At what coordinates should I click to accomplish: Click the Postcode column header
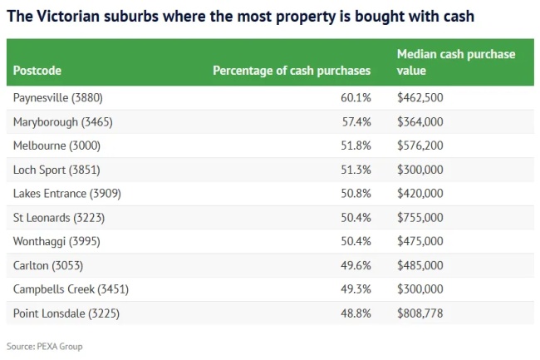coord(37,71)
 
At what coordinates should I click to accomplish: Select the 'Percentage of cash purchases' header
coord(292,71)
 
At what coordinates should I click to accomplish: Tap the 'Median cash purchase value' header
coord(456,62)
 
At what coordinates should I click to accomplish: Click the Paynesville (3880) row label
coord(58,98)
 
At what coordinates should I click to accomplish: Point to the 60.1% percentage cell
coord(356,98)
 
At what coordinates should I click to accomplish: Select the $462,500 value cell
coord(420,98)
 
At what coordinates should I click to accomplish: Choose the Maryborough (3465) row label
coord(62,122)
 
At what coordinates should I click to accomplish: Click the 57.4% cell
coord(356,122)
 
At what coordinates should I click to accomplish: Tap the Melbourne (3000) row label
coord(58,146)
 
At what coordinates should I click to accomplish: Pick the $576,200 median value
coord(420,146)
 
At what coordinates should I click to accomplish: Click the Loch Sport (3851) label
coord(56,170)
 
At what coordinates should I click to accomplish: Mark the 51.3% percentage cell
coord(356,170)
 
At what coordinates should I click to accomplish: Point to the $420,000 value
coord(420,194)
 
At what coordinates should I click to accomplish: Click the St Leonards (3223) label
coord(59,218)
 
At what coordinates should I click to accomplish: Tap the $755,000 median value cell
coord(420,218)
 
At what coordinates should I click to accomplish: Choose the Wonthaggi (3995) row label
coord(58,242)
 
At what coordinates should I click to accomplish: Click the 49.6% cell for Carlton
coord(356,265)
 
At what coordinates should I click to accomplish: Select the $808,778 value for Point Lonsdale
coord(420,313)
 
